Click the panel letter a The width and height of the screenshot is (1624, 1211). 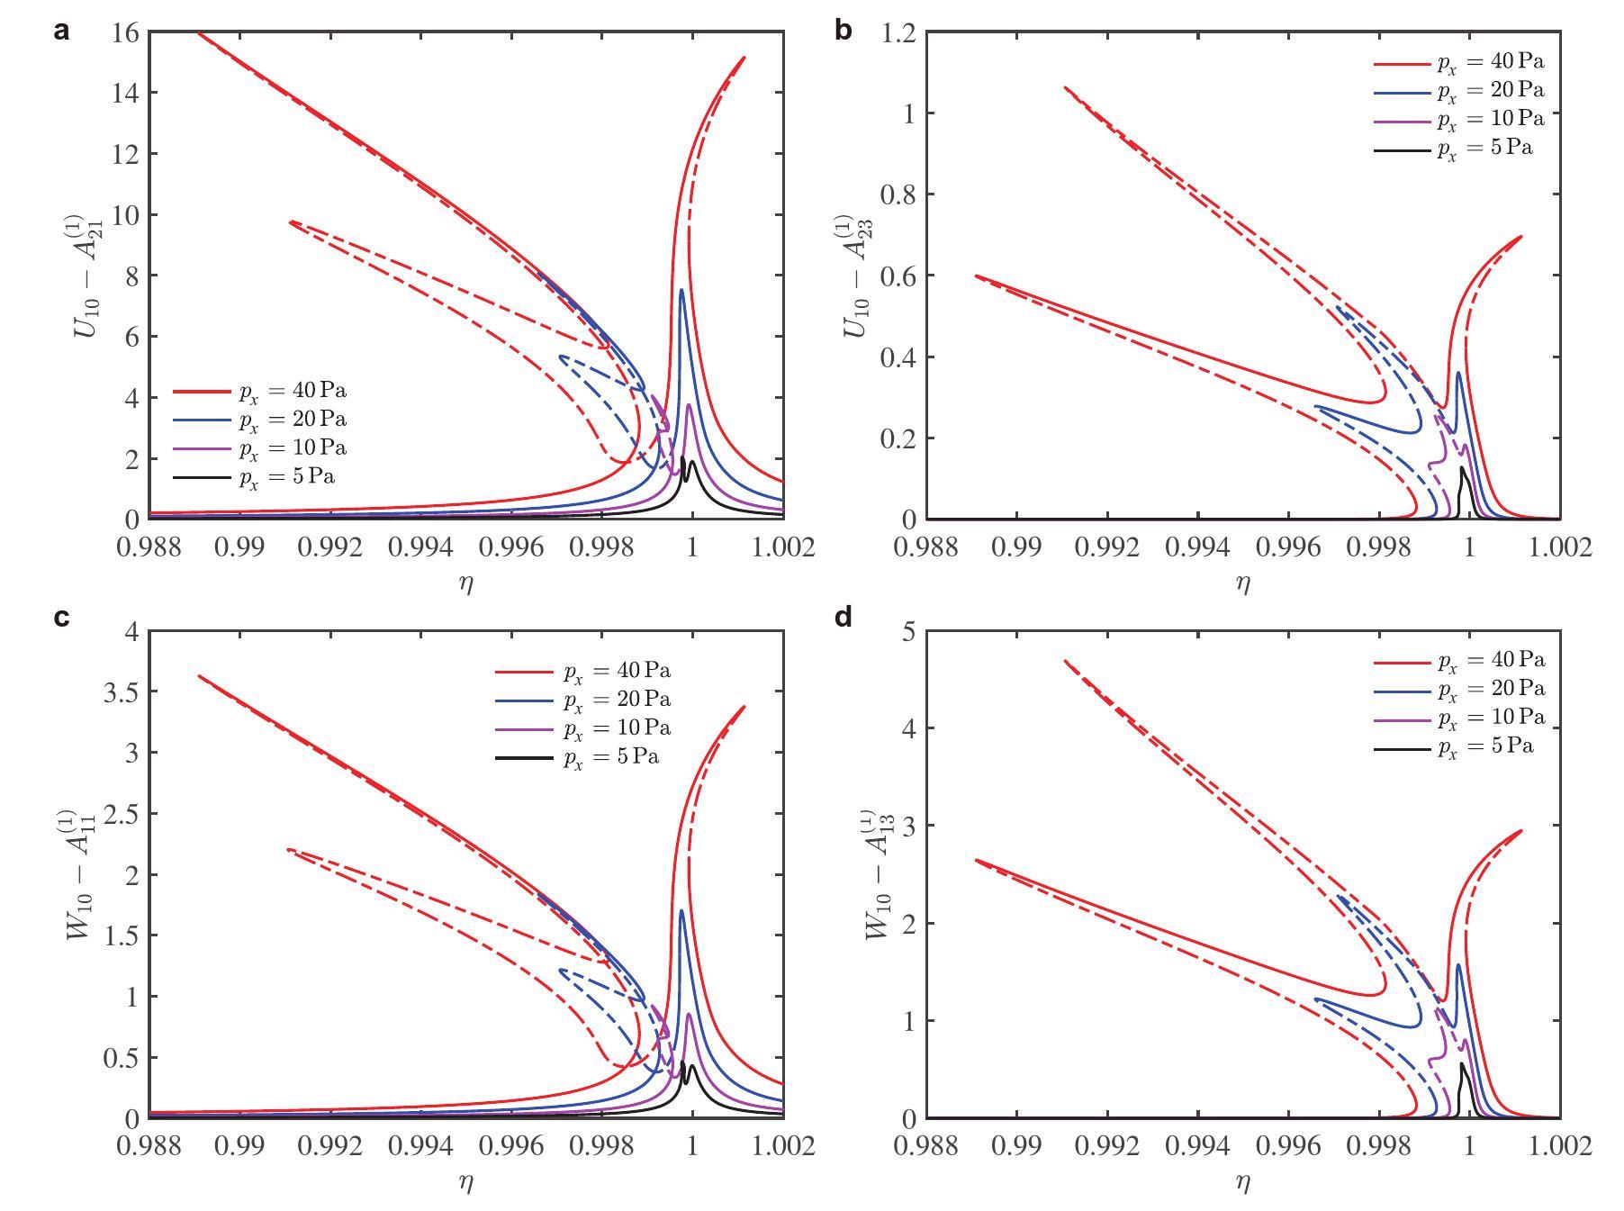61,32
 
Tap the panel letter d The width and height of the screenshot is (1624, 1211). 843,618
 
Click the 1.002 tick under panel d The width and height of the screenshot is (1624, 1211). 1560,1145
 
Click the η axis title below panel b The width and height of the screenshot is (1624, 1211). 1243,583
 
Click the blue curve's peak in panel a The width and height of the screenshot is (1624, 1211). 681,290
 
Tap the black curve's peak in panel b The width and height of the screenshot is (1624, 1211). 1461,468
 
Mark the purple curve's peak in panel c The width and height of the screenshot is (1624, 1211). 689,1015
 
